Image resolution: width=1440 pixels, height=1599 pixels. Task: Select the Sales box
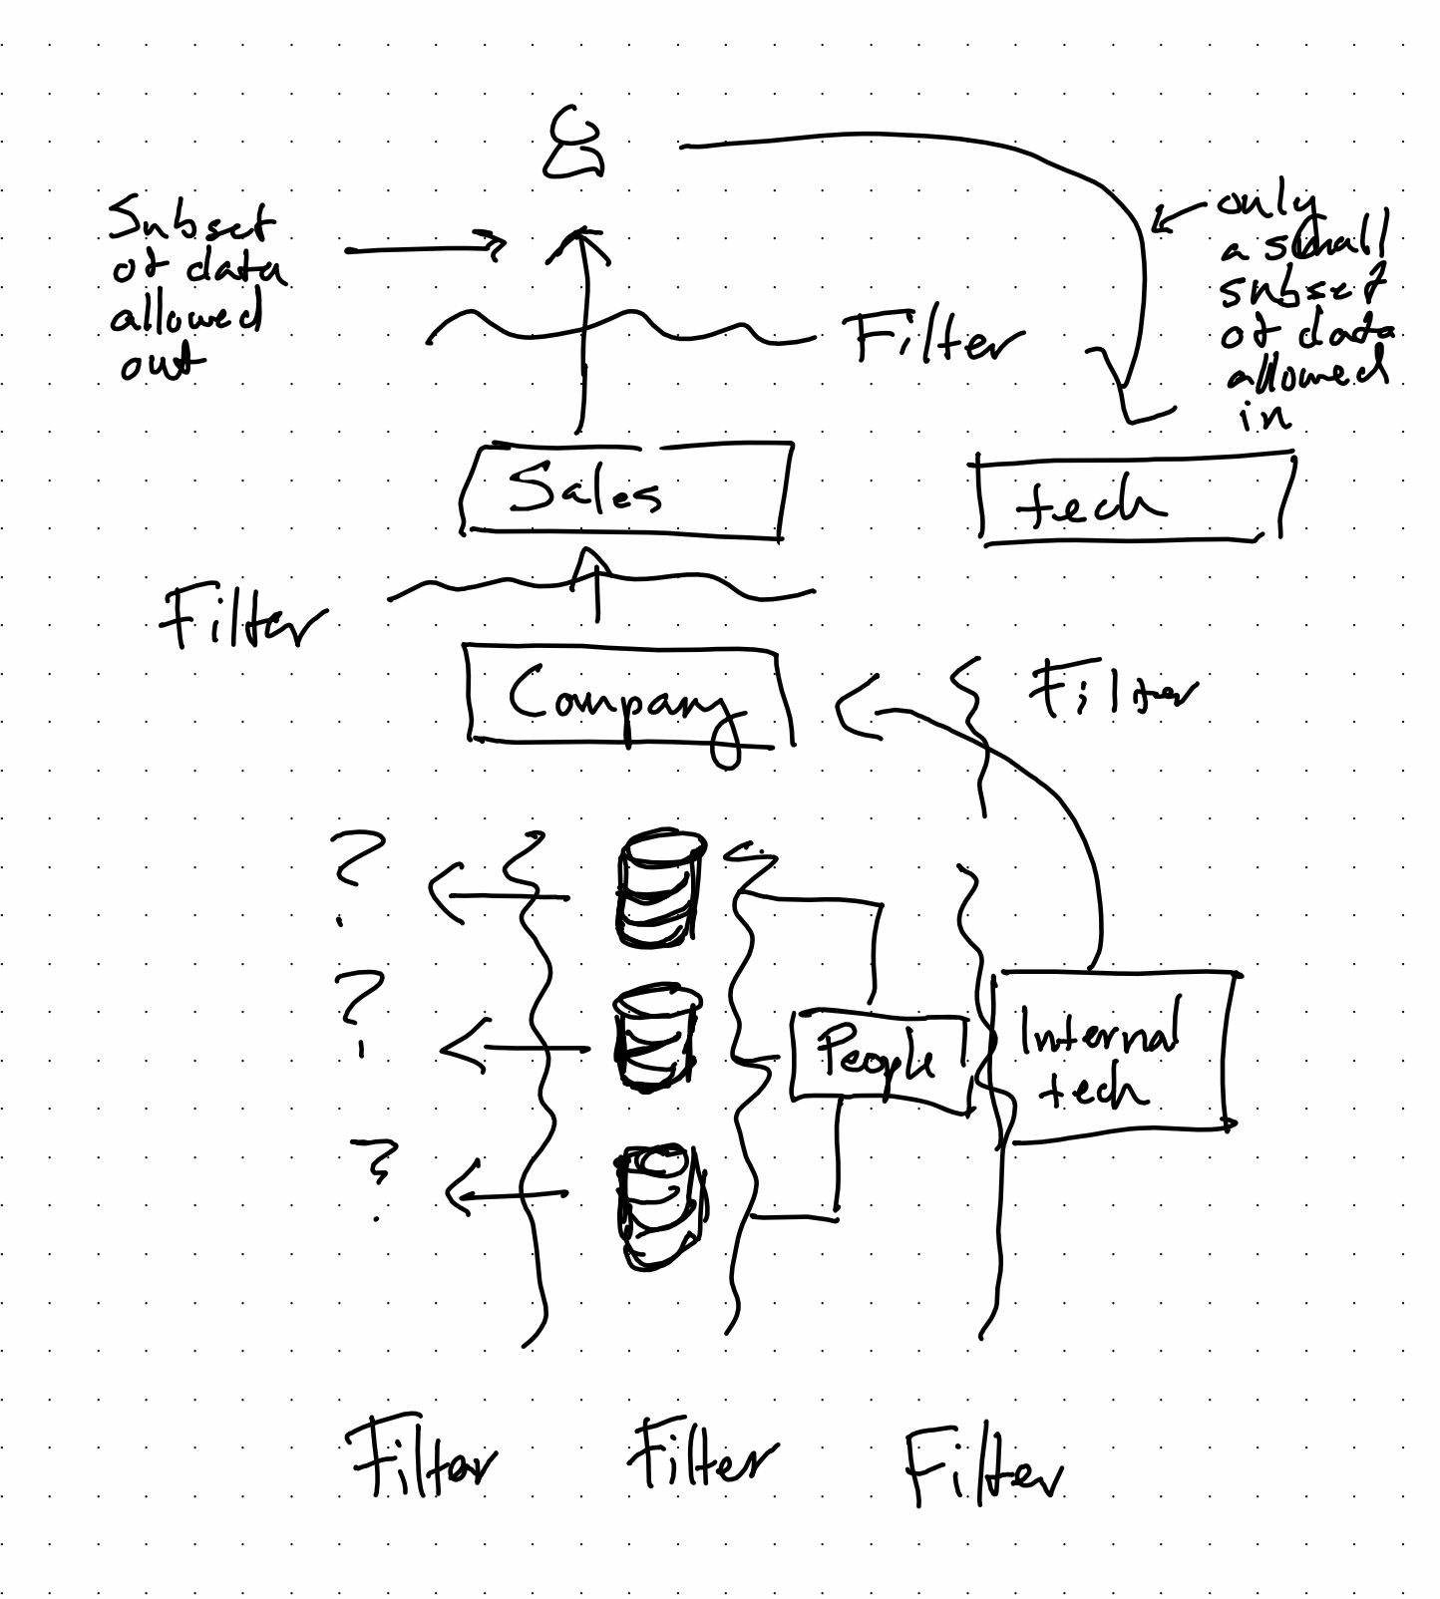(625, 490)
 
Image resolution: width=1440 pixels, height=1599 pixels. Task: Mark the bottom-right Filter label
(982, 1465)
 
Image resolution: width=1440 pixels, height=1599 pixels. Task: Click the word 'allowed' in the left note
(186, 318)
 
